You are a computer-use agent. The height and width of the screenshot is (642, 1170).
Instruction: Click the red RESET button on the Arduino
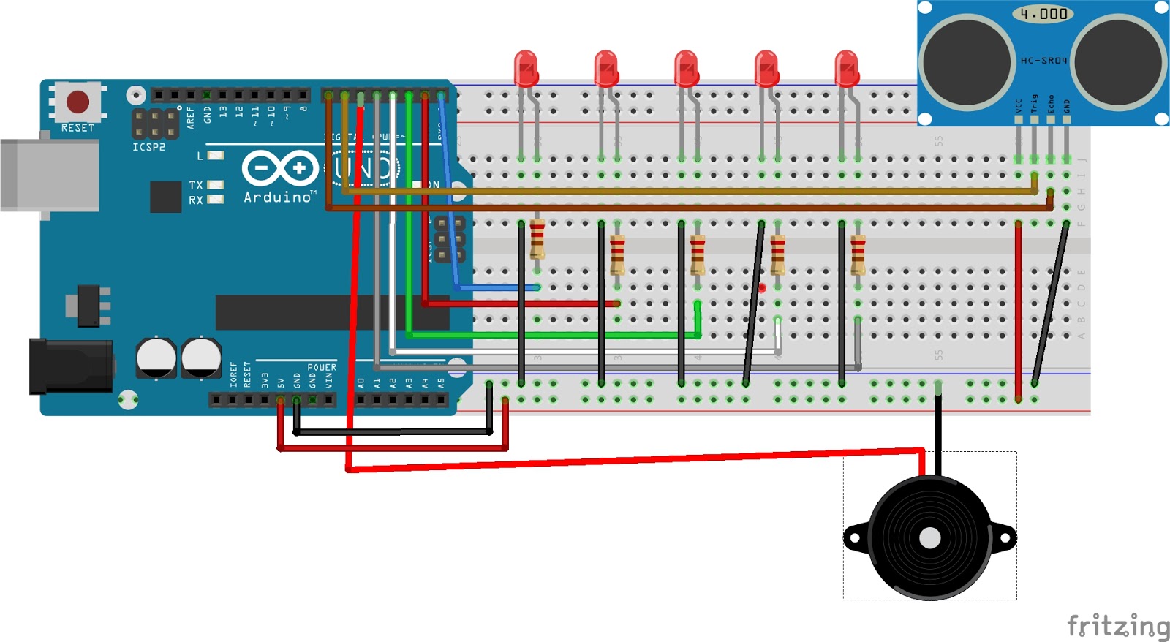click(78, 102)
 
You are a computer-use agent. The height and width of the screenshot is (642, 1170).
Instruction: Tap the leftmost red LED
click(526, 67)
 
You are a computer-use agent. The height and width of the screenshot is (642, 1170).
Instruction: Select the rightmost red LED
click(846, 67)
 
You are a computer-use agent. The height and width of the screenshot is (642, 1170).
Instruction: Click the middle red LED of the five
click(686, 67)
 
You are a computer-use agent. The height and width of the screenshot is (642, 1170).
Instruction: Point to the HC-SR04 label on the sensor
click(1043, 61)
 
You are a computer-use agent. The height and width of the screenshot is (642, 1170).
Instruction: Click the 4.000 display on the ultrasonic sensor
click(1043, 14)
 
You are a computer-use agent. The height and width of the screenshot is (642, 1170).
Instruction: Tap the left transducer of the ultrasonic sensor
click(967, 62)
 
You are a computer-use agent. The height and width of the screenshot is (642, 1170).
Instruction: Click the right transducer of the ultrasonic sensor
click(1119, 62)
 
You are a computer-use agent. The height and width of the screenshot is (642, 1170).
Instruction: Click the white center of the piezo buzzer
click(929, 538)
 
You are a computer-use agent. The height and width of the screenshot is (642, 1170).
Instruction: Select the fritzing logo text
click(1117, 627)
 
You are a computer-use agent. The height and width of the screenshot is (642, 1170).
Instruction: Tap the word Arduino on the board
click(277, 197)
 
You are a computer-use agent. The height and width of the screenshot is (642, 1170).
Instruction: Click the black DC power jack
click(69, 366)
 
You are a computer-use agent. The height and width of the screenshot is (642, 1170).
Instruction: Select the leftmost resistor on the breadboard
click(537, 238)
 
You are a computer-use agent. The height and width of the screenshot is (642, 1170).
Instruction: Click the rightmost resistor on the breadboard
click(858, 254)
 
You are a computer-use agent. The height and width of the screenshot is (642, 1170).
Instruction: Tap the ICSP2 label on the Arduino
click(148, 147)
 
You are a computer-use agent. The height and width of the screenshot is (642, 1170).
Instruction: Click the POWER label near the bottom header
click(322, 367)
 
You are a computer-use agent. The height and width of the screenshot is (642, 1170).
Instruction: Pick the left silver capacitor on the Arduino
click(156, 357)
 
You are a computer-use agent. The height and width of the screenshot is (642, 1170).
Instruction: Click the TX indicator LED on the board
click(215, 185)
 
